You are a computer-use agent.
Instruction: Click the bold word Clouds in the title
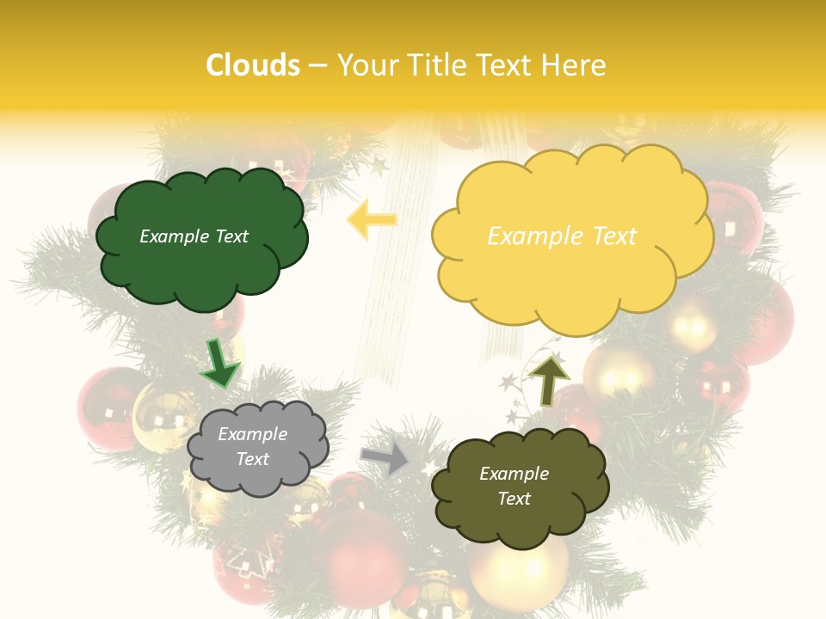click(x=253, y=65)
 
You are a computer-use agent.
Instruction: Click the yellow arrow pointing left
click(x=372, y=220)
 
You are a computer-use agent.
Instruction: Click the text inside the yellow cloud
click(x=562, y=236)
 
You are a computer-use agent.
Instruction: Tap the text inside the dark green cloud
click(x=194, y=236)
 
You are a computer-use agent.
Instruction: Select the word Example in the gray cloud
click(x=252, y=434)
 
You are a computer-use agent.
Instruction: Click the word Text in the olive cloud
click(x=514, y=499)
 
